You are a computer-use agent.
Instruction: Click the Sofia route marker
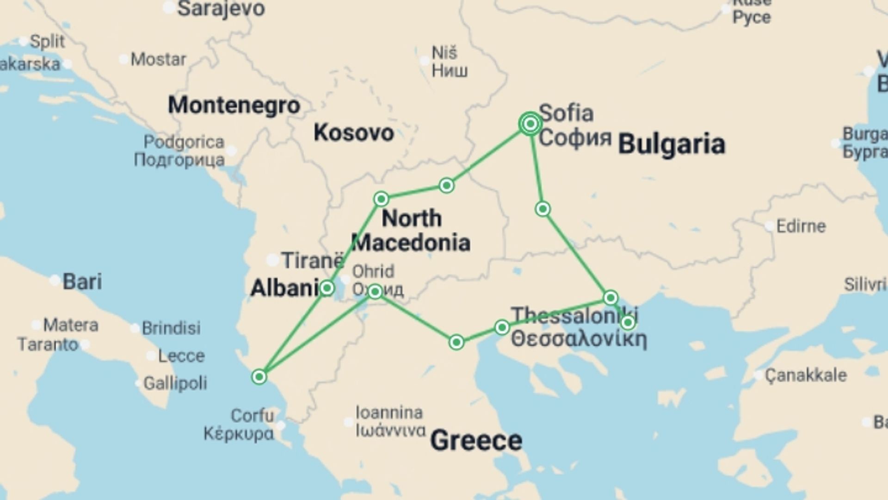tap(530, 124)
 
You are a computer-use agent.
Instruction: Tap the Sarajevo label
tap(221, 9)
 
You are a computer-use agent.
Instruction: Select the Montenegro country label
tap(234, 105)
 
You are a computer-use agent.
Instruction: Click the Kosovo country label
tap(354, 133)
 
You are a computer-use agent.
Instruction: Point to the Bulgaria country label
tap(672, 144)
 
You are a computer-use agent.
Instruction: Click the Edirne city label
tap(801, 226)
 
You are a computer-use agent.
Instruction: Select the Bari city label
tap(82, 281)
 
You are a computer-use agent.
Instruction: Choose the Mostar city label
tap(158, 59)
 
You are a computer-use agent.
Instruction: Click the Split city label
tap(47, 41)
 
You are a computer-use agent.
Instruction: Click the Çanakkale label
tap(805, 375)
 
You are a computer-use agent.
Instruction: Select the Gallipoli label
tap(175, 383)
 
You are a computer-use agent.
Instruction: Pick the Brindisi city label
tap(171, 328)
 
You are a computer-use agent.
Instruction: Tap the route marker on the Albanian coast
tap(259, 377)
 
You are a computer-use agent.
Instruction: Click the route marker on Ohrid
tap(375, 291)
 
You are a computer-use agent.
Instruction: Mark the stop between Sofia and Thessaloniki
tap(543, 209)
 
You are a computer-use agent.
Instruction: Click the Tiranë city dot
tap(273, 260)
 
